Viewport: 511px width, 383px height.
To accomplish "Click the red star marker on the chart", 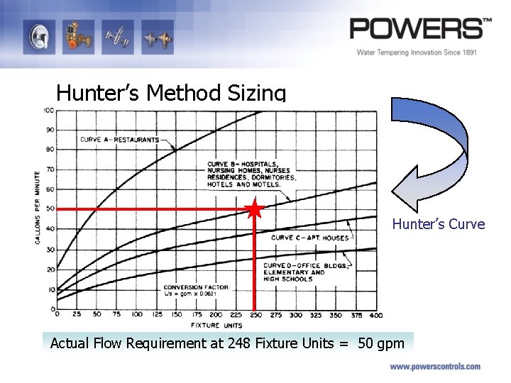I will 255,209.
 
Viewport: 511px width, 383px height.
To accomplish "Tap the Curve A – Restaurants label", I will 119,140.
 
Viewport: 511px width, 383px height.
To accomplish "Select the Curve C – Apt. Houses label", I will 310,238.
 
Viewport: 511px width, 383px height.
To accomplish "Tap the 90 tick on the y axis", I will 50,130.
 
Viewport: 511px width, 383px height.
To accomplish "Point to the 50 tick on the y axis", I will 50,209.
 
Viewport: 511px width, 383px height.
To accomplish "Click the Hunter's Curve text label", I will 439,225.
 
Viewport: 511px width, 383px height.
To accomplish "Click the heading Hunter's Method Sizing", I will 171,93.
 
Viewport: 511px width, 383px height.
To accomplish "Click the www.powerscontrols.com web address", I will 434,367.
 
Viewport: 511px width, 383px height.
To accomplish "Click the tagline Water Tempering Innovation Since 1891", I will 416,52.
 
